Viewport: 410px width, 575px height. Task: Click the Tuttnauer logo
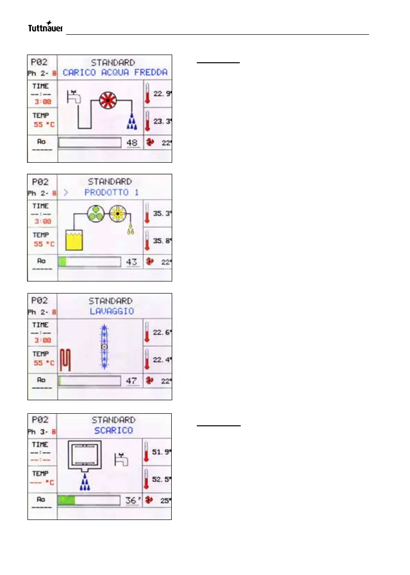pos(45,28)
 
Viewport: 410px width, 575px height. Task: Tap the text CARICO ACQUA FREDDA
pos(115,72)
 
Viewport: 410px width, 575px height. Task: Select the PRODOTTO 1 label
pos(107,192)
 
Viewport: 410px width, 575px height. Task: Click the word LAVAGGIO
pos(112,311)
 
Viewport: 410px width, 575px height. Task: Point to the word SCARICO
pos(113,430)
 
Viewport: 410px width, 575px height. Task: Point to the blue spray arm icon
pos(103,347)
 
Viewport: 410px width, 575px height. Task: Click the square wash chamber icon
pos(88,456)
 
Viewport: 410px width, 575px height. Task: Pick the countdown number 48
pos(132,142)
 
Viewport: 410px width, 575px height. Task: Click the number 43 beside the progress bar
pos(132,262)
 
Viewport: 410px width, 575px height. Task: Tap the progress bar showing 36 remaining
pos(89,500)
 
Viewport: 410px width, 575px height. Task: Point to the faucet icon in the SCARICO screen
pos(121,459)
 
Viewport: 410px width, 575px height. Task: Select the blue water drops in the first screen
pos(132,124)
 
